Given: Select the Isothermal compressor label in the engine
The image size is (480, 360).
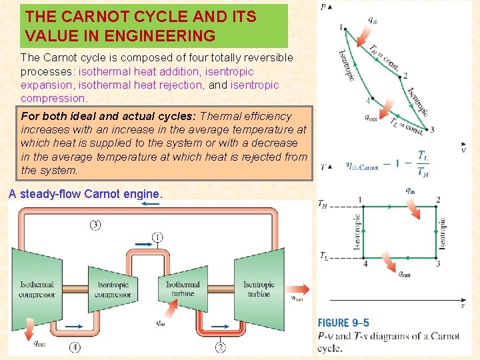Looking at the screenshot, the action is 37,289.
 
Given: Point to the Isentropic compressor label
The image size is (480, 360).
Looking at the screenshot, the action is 113,289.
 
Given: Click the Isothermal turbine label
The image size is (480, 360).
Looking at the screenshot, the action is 183,289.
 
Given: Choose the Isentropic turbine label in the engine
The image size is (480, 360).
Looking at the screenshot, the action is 259,289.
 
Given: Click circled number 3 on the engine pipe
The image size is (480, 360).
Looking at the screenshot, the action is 95,225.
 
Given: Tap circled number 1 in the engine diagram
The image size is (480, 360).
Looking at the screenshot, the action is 157,237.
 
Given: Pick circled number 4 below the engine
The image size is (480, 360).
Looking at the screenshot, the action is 75,347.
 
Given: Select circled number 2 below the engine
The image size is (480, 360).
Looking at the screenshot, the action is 221,347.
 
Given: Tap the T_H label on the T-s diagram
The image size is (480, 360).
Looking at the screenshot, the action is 322,204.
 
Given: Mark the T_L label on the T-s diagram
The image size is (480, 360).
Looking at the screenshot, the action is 323,255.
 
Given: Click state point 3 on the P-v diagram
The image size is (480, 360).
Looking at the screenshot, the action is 431,130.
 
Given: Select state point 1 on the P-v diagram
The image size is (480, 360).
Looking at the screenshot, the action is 341,28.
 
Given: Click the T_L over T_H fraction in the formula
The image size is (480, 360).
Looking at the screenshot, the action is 423,163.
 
